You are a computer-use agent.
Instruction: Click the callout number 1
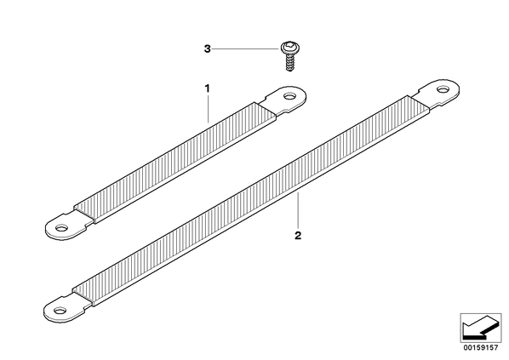(207, 89)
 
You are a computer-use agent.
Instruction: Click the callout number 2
(298, 236)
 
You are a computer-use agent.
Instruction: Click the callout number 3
(207, 49)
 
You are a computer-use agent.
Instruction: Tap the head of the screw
(289, 48)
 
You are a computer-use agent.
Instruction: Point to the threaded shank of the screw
(289, 63)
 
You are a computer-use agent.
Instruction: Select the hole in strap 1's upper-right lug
(289, 96)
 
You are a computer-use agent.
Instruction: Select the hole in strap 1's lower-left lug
(61, 227)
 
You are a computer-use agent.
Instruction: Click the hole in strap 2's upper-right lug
(443, 89)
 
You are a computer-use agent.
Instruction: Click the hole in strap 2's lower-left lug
(60, 311)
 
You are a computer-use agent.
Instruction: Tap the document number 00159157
(481, 348)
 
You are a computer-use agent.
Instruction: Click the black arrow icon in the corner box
(480, 329)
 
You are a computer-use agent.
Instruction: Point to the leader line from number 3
(245, 49)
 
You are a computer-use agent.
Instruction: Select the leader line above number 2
(298, 211)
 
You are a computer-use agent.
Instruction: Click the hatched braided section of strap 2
(250, 201)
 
